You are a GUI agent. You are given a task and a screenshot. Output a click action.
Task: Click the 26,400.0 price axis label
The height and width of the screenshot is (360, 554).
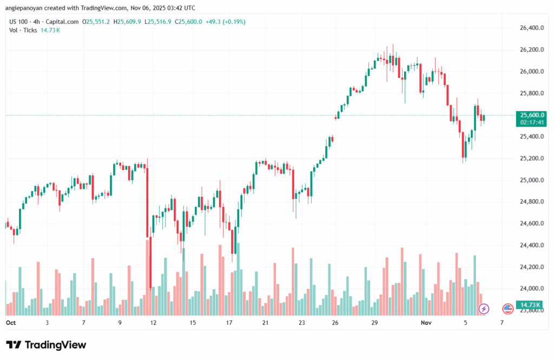[x=530, y=28]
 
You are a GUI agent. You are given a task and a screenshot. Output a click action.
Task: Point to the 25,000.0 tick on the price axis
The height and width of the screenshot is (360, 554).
[x=530, y=180]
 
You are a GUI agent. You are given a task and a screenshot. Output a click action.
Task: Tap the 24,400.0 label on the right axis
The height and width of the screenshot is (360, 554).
[x=530, y=245]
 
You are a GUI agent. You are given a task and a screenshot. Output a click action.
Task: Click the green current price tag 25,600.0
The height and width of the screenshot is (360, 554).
[x=530, y=115]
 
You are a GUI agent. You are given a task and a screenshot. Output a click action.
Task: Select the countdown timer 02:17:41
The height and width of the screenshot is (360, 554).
[x=530, y=122]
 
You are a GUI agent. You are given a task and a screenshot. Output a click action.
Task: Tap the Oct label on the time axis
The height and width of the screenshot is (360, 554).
[x=10, y=323]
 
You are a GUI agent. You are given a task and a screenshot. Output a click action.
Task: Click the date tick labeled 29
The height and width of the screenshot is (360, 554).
[x=374, y=323]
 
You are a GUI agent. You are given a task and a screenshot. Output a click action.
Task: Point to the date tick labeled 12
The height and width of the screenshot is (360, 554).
[x=154, y=323]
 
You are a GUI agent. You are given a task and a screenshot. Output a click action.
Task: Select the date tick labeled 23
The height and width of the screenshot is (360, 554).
[x=301, y=323]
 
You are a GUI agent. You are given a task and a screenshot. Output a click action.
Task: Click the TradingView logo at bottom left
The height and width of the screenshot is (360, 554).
[x=46, y=345]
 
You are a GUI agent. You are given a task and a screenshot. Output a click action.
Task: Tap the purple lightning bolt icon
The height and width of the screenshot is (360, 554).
[x=484, y=309]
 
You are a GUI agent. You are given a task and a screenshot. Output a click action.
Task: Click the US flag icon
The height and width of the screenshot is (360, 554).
[x=507, y=309]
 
